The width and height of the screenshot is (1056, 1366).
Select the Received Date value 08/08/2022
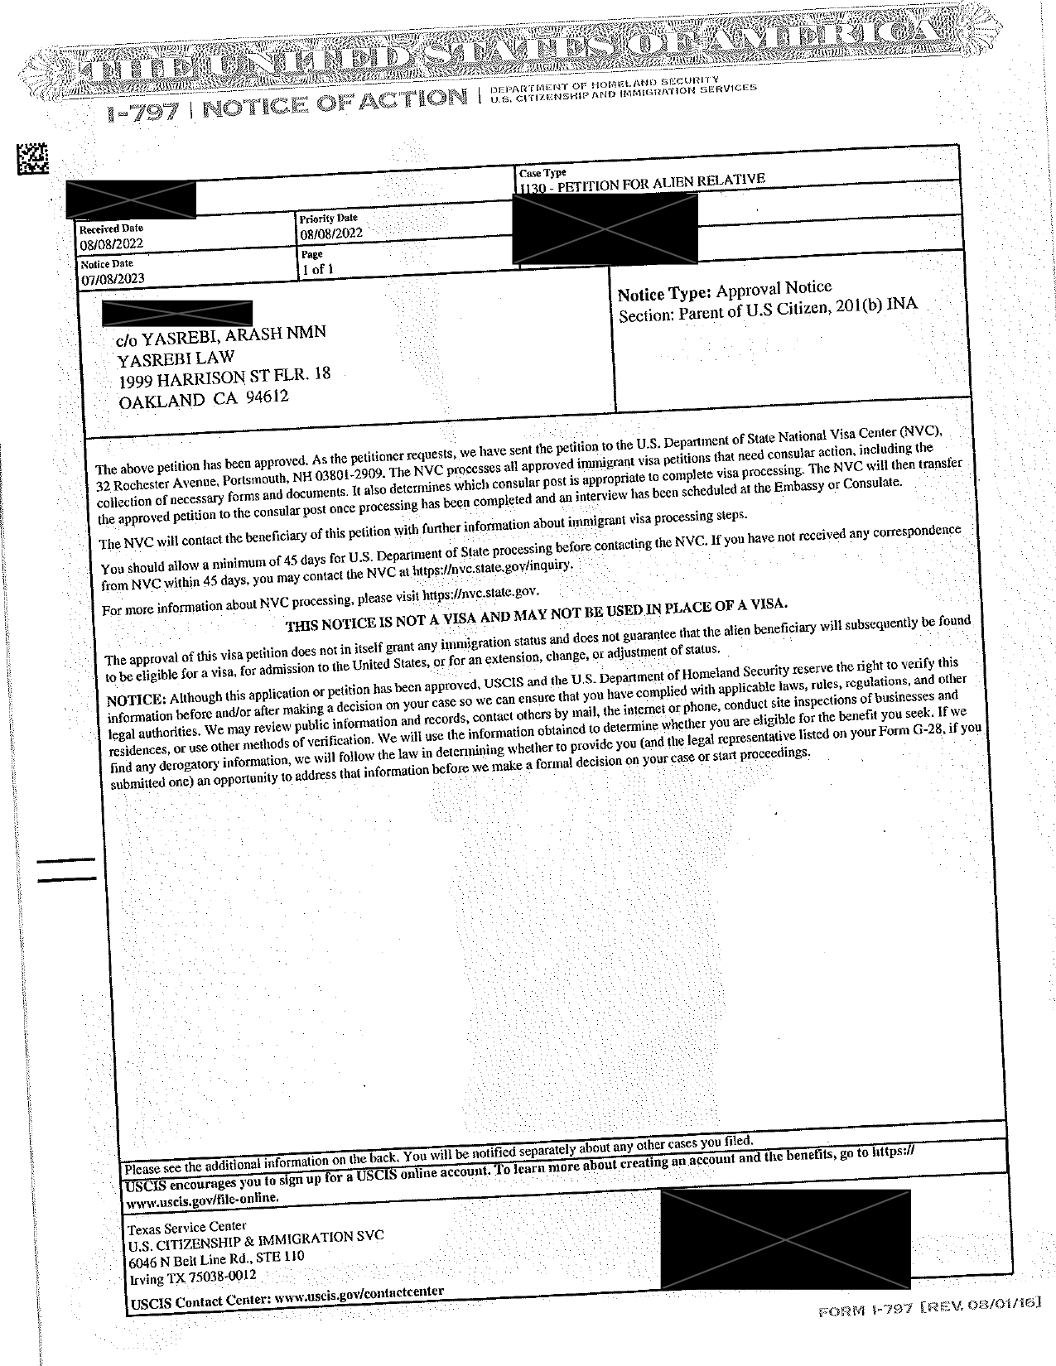point(112,243)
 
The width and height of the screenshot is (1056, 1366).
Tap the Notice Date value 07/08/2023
point(113,279)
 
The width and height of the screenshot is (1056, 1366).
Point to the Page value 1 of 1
point(317,269)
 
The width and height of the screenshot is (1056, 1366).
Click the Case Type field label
point(542,173)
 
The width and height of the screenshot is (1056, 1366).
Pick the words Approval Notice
point(774,288)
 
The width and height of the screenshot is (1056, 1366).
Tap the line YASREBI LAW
point(176,358)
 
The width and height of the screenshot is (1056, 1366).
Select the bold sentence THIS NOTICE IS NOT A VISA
point(536,615)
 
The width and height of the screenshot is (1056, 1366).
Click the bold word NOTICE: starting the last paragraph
point(137,700)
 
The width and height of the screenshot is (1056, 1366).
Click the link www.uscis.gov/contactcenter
point(358,1294)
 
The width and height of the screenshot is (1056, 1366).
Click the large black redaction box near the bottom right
point(785,1237)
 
